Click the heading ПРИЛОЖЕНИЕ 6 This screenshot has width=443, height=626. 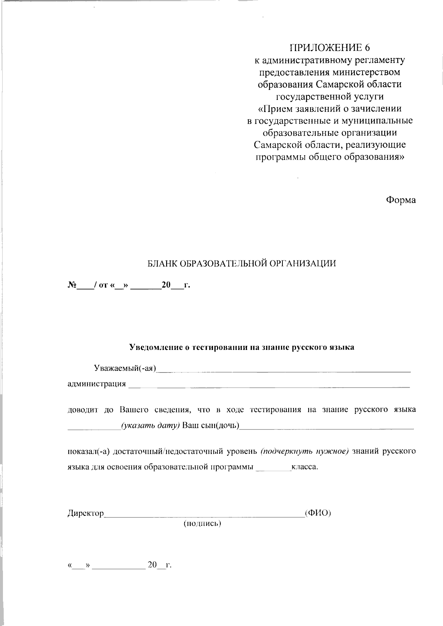coord(330,48)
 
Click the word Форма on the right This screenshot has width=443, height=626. coord(401,200)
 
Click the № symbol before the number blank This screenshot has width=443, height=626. coord(72,285)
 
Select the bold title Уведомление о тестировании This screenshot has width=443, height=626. coord(242,347)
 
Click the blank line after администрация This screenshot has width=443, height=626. coord(269,386)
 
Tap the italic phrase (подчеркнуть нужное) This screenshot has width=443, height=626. coord(304,451)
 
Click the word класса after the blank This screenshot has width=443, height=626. coord(304,467)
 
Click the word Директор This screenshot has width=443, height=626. coord(86,513)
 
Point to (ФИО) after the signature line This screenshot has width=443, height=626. coord(318,513)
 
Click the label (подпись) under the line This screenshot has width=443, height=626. coord(202,523)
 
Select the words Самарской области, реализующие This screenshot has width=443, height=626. coord(330,144)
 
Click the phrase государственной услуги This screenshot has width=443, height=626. coord(330,96)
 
